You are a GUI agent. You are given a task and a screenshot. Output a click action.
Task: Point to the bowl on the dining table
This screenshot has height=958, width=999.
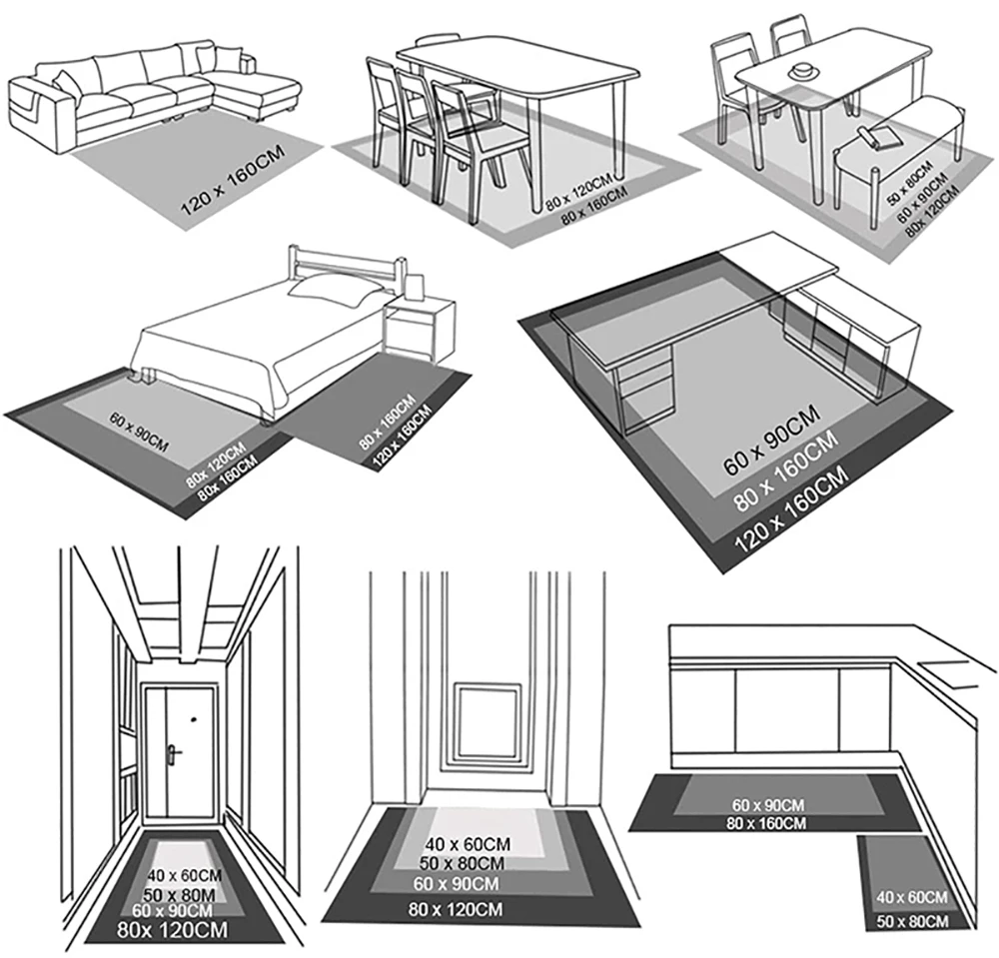801,71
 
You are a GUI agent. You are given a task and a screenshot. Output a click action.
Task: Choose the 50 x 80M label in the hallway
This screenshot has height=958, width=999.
183,894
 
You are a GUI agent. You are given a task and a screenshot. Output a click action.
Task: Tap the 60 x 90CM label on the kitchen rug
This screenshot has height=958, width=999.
768,804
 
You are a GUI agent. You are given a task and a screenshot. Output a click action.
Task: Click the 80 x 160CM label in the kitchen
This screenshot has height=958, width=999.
768,823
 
